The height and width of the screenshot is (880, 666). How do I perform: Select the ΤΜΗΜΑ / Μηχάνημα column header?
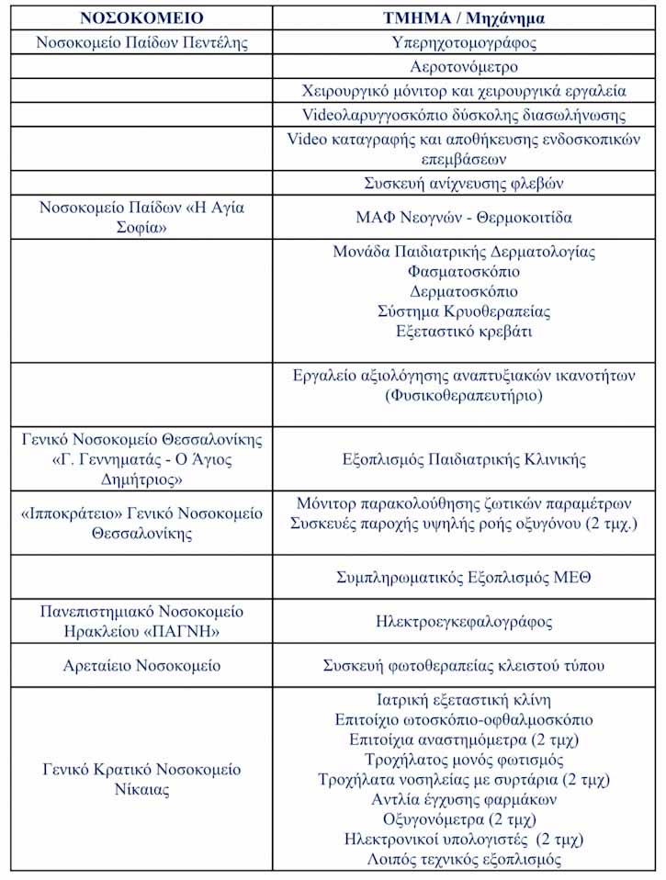click(x=464, y=17)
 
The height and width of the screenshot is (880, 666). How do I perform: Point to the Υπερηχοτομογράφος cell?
click(x=464, y=42)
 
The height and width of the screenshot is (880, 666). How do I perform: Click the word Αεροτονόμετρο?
click(x=464, y=67)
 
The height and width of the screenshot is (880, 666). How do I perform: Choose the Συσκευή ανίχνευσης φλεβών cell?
click(x=464, y=184)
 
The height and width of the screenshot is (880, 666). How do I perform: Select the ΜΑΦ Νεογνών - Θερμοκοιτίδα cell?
click(x=464, y=218)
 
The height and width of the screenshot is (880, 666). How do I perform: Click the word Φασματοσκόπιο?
click(x=464, y=272)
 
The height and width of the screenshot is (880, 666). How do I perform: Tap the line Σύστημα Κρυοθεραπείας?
click(x=464, y=311)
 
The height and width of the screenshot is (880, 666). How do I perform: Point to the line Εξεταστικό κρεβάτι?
click(x=464, y=332)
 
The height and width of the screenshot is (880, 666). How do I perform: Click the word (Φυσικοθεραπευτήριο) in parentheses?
click(x=464, y=396)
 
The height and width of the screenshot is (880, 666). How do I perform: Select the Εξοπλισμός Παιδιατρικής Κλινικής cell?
click(x=464, y=459)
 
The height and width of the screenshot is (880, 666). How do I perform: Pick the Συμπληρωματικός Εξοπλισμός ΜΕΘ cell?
click(x=464, y=578)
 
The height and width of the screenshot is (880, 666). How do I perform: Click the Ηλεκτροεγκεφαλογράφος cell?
click(x=464, y=622)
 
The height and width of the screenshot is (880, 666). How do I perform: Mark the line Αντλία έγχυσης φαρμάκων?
click(x=464, y=799)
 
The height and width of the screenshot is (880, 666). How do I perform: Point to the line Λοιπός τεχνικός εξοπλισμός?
click(x=464, y=860)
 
